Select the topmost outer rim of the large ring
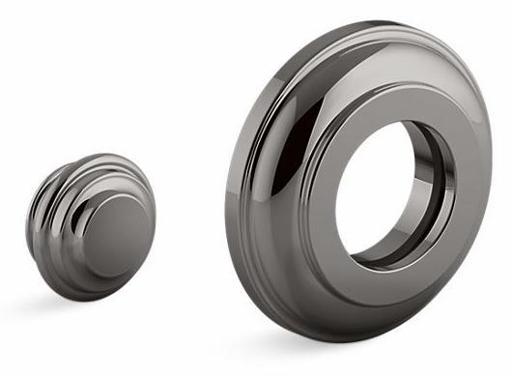tap(386, 21)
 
